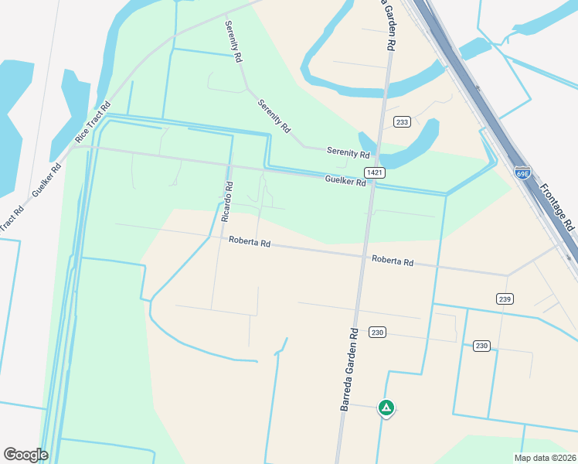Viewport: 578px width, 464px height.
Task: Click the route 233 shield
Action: tap(402, 122)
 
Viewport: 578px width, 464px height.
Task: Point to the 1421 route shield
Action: tap(376, 172)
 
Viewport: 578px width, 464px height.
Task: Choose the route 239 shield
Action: tap(505, 299)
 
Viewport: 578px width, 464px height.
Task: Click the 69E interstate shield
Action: tap(523, 172)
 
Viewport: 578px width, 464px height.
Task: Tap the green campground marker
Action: tap(386, 407)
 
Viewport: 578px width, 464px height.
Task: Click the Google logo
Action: tap(25, 455)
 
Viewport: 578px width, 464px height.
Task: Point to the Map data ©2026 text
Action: tap(545, 457)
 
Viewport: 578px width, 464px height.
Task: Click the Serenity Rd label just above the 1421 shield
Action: tap(348, 153)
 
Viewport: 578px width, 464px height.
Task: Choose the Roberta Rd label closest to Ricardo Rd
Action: tap(249, 242)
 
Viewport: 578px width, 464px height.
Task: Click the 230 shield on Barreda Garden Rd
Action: tap(377, 333)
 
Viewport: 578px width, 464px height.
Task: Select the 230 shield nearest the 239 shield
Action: tap(481, 346)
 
